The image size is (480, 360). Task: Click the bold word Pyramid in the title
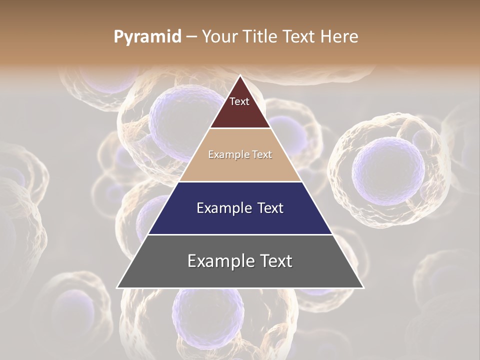pyautogui.click(x=147, y=37)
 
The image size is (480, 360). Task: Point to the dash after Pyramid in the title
pyautogui.click(x=191, y=37)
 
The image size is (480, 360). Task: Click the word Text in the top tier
pyautogui.click(x=239, y=101)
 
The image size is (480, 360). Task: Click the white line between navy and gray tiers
pyautogui.click(x=240, y=234)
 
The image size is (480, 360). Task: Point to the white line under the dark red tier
pyautogui.click(x=240, y=128)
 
